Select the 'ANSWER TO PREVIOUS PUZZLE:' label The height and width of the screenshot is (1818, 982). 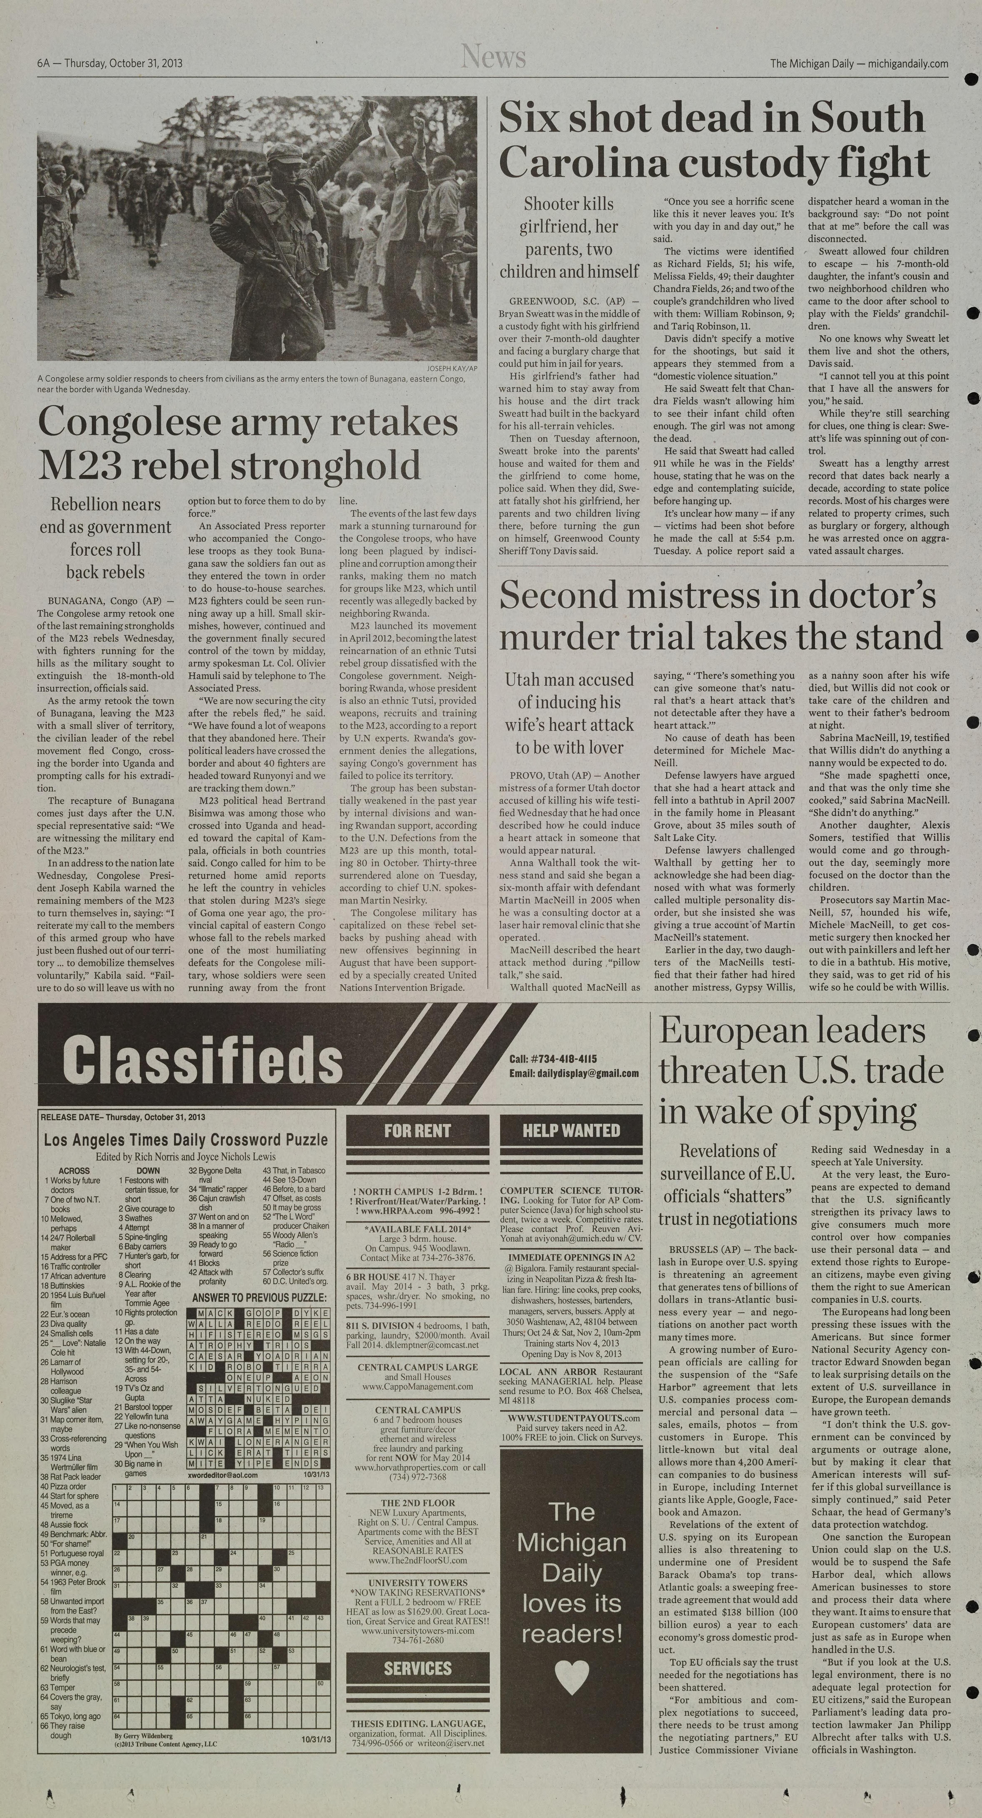point(259,1298)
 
